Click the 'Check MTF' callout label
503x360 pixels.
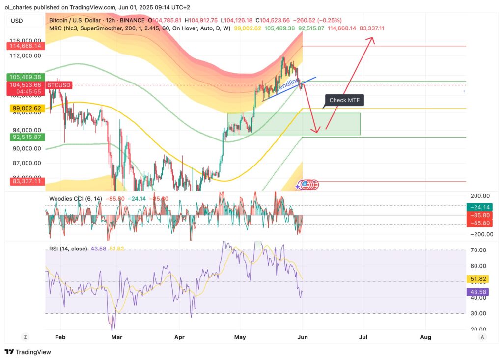tap(344, 100)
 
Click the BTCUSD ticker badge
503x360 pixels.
tap(58, 85)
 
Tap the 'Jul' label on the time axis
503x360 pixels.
tap(363, 337)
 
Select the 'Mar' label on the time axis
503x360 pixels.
tap(116, 337)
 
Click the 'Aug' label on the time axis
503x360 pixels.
tap(426, 337)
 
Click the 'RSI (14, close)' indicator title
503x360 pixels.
tap(68, 249)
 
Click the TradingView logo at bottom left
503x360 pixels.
tap(28, 352)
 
